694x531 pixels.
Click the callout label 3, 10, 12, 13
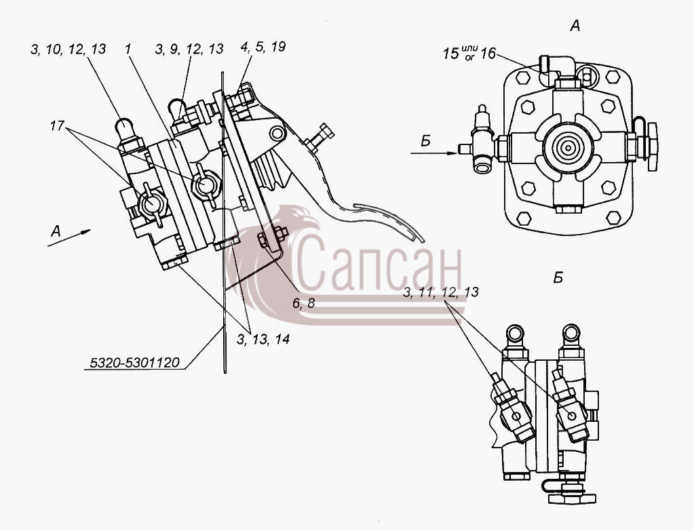click(68, 49)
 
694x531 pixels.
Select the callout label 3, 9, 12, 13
click(189, 49)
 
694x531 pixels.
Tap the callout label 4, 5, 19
click(263, 47)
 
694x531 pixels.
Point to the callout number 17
click(57, 126)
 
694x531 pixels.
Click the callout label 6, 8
click(303, 303)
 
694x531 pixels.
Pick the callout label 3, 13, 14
click(263, 339)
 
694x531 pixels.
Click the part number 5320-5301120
click(134, 363)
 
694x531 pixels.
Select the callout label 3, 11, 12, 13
click(441, 292)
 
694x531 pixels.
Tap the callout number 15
click(451, 54)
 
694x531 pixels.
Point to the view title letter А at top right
click(575, 26)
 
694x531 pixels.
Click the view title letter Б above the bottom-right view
click(558, 278)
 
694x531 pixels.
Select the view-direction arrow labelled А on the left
click(69, 237)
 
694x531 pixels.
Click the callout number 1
click(128, 49)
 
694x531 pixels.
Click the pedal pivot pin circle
click(277, 133)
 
